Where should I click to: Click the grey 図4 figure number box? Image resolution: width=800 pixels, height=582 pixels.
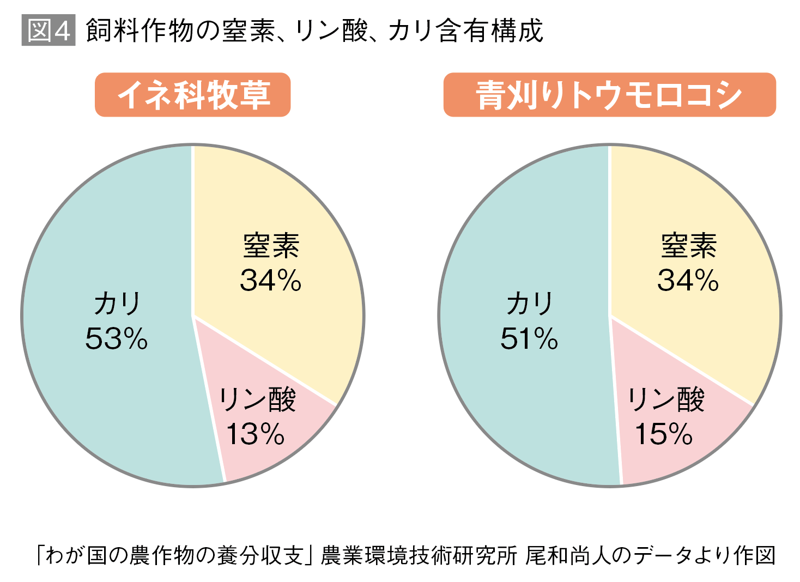tap(49, 31)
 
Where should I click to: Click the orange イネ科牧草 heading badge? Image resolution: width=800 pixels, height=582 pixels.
tap(192, 95)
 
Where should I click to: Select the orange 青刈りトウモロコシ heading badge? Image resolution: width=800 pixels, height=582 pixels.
tap(609, 95)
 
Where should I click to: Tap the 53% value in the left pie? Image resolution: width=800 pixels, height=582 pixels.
tap(116, 338)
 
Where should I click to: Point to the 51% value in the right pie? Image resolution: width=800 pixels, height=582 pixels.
tap(529, 338)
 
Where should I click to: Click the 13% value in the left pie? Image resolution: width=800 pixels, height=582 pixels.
tap(255, 434)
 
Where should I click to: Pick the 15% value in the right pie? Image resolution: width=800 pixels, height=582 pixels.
tap(663, 434)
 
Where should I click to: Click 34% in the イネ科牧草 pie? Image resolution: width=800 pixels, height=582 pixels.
tap(270, 281)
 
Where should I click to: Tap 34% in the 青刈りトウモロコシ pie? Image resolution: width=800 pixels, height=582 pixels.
tap(688, 281)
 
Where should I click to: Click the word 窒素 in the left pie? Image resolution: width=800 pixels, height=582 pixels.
tap(271, 246)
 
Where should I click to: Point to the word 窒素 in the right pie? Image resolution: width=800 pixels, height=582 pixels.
tap(688, 246)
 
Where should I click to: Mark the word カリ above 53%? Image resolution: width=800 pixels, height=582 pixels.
tap(117, 304)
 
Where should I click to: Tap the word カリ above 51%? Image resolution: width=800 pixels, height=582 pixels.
tap(529, 304)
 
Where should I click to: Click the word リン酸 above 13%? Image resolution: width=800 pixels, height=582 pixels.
tap(257, 400)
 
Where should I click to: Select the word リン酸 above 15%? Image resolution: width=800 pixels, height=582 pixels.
tap(665, 400)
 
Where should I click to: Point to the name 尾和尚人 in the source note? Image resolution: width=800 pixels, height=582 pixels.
tap(567, 555)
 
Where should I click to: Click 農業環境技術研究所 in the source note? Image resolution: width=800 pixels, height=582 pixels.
tap(418, 555)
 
